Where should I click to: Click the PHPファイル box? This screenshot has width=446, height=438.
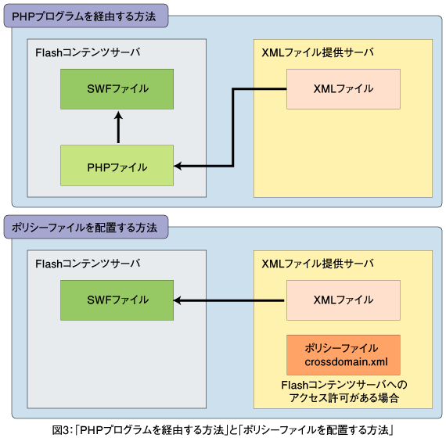click(117, 166)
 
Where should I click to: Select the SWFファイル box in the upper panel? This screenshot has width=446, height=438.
click(117, 89)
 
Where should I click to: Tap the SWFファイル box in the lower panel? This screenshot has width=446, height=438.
click(117, 300)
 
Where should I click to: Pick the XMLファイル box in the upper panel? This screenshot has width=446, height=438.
click(343, 89)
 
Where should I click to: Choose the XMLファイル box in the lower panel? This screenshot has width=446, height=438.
click(343, 300)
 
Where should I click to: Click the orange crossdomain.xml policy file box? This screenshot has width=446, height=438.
click(343, 355)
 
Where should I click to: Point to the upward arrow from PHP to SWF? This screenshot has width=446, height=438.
click(118, 127)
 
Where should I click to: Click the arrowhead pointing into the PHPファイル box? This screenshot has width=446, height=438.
click(178, 166)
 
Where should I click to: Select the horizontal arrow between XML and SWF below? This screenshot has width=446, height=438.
click(228, 300)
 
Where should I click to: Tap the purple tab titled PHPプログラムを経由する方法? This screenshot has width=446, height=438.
click(86, 16)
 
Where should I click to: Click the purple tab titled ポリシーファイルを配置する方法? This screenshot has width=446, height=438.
click(86, 227)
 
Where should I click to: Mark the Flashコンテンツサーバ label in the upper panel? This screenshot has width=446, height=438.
click(88, 52)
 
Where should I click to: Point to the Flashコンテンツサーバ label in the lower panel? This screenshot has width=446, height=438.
click(88, 264)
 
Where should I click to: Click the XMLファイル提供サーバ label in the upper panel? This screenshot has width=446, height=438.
click(318, 52)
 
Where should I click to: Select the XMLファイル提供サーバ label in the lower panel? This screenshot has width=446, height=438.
click(318, 264)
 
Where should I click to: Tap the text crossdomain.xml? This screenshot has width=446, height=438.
click(346, 362)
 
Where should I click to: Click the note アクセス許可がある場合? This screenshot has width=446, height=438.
click(343, 397)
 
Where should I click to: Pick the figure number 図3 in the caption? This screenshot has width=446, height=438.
click(61, 429)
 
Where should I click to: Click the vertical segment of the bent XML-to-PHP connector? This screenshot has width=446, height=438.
click(233, 127)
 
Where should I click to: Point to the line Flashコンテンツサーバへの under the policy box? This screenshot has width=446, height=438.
click(344, 385)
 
